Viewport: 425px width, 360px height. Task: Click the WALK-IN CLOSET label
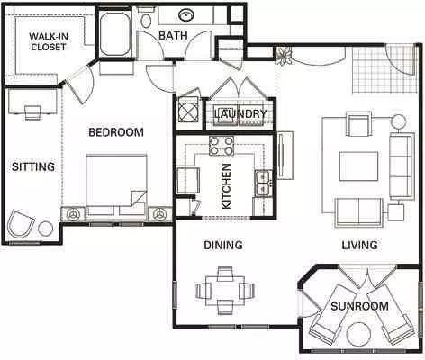pos(49,41)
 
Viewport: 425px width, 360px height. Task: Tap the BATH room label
pos(173,35)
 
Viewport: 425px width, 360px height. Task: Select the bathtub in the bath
pos(115,33)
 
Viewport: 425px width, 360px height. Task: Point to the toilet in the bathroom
pos(146,18)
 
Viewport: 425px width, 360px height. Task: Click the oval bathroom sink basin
pos(186,14)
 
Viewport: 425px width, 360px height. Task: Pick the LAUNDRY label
pos(240,113)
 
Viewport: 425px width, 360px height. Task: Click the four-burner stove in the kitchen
pos(222,146)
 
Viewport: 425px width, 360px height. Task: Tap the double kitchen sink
pos(264,184)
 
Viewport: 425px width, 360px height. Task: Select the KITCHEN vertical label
pos(226,186)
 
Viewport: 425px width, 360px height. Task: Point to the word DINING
pos(223,245)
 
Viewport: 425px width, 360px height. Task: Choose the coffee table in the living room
pos(358,166)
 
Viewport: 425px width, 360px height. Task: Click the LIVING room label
pos(359,245)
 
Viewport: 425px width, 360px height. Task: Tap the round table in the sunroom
pos(358,334)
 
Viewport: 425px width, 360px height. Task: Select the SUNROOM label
pos(359,306)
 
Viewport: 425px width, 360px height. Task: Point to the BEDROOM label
pos(116,132)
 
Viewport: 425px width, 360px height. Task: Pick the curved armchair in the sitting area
pos(21,224)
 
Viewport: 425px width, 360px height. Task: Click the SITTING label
pos(33,166)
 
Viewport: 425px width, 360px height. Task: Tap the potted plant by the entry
pos(284,56)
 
